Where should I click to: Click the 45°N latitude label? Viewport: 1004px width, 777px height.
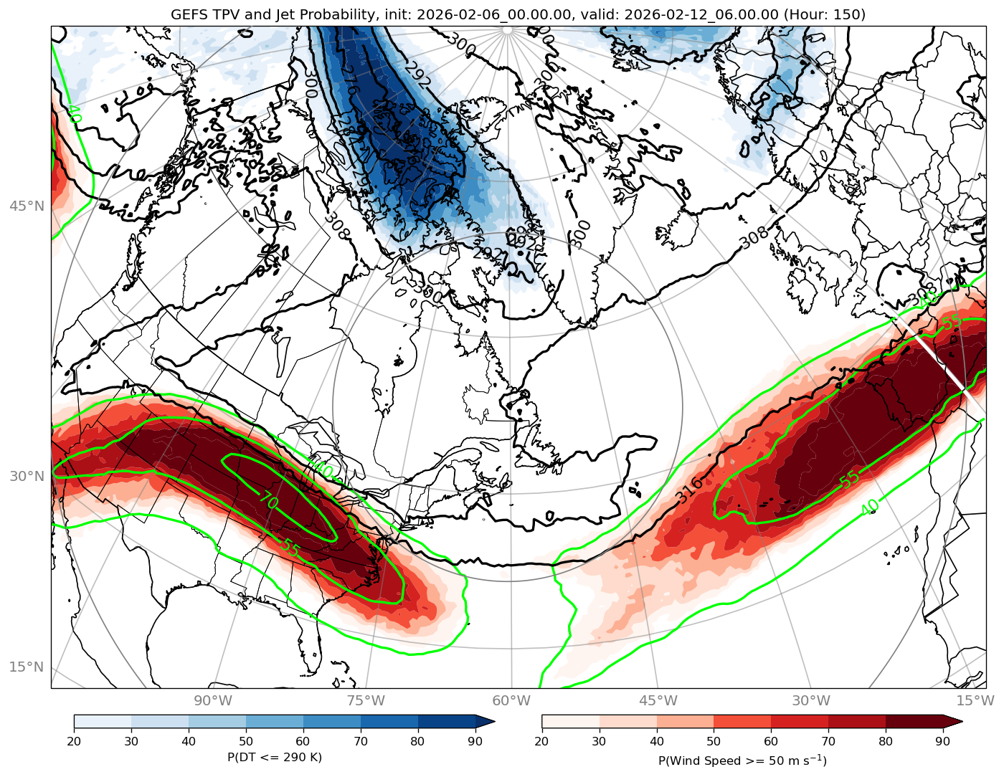[x=27, y=206]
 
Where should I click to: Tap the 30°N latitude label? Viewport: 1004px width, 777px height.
[x=27, y=477]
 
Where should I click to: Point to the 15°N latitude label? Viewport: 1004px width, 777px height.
[x=27, y=667]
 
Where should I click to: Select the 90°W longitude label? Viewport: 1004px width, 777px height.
[x=213, y=700]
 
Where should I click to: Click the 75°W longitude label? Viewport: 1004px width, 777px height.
[x=366, y=700]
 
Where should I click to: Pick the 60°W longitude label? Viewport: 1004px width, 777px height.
[x=511, y=700]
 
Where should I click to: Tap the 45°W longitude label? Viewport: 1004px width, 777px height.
[x=658, y=700]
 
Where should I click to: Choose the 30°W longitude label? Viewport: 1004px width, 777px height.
[x=811, y=700]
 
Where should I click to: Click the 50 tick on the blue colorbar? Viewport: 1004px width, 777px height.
[x=246, y=741]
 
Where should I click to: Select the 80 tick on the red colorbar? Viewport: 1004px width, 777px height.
[x=886, y=741]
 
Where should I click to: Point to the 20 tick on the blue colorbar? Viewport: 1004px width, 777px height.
[x=74, y=741]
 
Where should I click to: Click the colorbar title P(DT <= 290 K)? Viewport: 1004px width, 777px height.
[x=275, y=757]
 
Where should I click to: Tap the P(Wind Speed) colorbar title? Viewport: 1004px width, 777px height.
[x=742, y=761]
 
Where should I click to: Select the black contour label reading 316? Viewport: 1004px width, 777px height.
[x=689, y=490]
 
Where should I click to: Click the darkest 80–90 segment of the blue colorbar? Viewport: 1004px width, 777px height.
[x=447, y=721]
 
